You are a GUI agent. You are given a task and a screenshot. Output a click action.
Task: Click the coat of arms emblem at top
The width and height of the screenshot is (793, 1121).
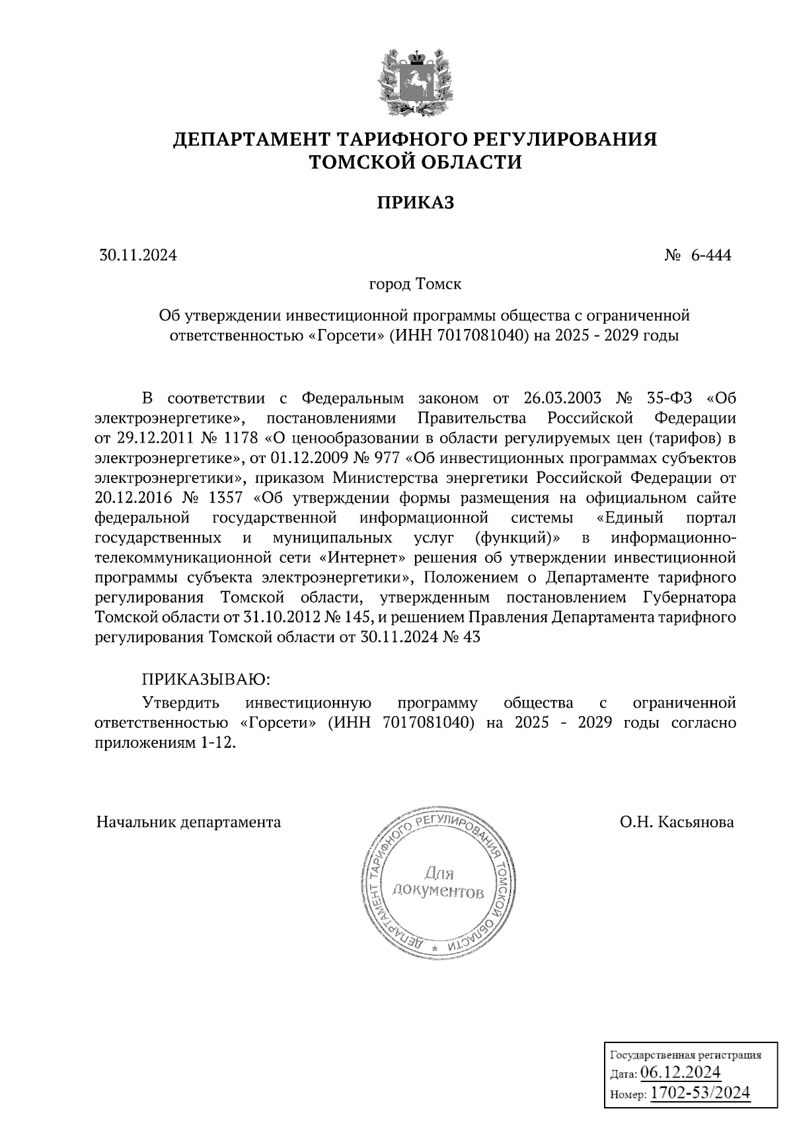point(416,81)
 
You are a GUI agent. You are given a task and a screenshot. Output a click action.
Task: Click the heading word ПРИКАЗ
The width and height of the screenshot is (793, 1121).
point(415,203)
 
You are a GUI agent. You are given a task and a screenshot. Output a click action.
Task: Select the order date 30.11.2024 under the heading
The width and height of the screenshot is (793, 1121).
point(138,255)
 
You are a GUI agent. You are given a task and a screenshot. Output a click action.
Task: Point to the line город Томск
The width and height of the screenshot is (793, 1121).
point(415,285)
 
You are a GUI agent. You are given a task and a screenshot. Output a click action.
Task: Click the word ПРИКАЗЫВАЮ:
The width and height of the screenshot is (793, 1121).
point(206,679)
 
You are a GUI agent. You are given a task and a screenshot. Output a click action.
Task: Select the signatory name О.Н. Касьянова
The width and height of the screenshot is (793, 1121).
point(676,822)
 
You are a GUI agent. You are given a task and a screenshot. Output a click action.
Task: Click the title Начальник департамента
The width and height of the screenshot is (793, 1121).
point(188,822)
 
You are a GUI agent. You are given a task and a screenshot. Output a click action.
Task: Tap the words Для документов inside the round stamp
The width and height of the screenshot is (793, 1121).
point(437,883)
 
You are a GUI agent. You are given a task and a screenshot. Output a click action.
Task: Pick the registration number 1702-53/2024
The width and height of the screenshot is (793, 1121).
point(700,1093)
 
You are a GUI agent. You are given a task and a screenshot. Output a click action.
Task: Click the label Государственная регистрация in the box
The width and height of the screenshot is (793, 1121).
point(685,1055)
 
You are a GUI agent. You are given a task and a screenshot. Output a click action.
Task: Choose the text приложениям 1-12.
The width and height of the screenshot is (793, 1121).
point(165,742)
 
